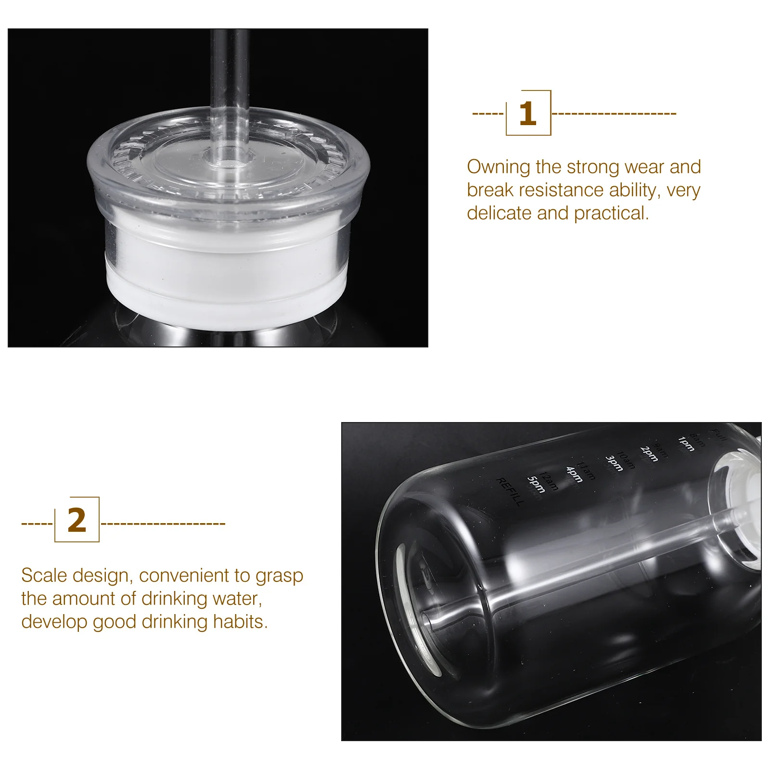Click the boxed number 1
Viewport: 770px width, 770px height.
pyautogui.click(x=528, y=114)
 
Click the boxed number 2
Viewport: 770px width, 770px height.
pyautogui.click(x=77, y=520)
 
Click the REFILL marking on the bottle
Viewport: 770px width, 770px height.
pyautogui.click(x=510, y=492)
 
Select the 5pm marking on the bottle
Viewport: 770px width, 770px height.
pyautogui.click(x=535, y=485)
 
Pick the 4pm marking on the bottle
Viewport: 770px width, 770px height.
pyautogui.click(x=574, y=474)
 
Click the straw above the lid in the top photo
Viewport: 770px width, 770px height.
pyautogui.click(x=229, y=72)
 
